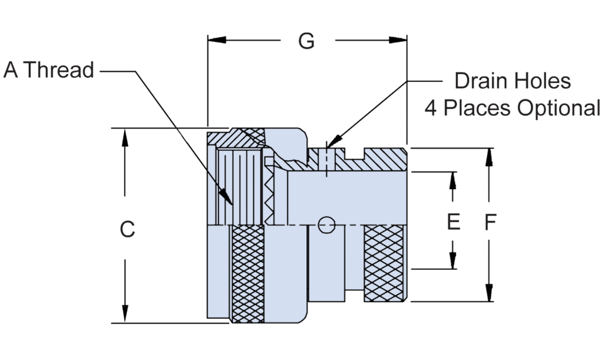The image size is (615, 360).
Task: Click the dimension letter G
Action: tap(306, 41)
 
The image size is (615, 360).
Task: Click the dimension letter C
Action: tap(127, 229)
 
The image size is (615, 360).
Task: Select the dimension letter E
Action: tap(454, 222)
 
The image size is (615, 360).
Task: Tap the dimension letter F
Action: tap(490, 222)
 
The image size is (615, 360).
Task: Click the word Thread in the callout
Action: tap(59, 70)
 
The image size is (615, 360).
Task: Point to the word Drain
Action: tap(481, 81)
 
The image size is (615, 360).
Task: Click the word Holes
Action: tap(543, 81)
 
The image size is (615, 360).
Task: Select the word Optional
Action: tap(559, 108)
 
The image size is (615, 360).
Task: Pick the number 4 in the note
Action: tap(430, 108)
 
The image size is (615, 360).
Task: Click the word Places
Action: tap(477, 108)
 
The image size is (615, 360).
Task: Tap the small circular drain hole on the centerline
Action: tap(326, 225)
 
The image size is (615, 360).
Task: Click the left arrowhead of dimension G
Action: tap(217, 40)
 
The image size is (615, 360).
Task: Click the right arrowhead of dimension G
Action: tap(398, 40)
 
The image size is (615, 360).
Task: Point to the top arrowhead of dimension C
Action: tap(125, 137)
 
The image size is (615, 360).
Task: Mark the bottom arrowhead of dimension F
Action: tap(489, 292)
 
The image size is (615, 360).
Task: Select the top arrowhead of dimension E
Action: tap(452, 181)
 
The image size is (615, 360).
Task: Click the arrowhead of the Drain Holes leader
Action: tap(333, 141)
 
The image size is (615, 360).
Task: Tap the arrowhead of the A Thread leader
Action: tap(226, 197)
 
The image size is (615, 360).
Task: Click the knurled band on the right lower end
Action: tap(384, 263)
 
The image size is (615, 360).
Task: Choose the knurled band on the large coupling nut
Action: tap(248, 274)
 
